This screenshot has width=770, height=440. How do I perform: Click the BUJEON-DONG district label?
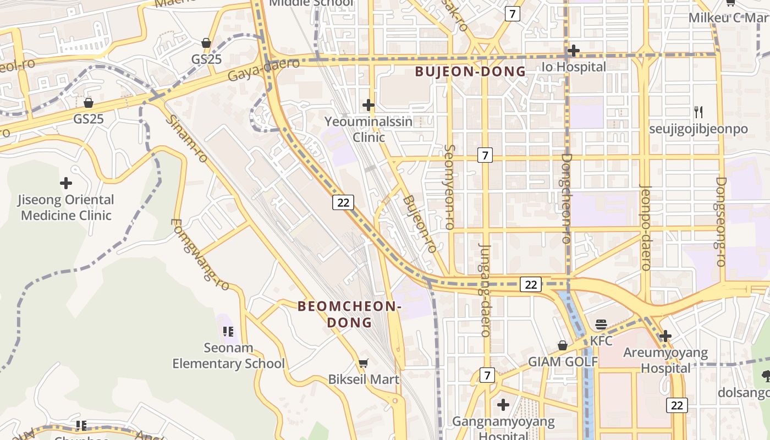click(470, 71)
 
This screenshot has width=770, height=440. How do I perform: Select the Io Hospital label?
click(574, 67)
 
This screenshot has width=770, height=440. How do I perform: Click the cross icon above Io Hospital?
click(573, 51)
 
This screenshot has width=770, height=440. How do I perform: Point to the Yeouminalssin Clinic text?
click(368, 129)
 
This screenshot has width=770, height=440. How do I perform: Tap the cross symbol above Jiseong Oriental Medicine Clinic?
click(66, 183)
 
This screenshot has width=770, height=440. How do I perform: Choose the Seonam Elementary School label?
click(228, 355)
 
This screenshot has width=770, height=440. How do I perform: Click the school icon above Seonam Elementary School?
click(228, 331)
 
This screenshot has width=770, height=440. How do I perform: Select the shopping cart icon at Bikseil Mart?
click(363, 363)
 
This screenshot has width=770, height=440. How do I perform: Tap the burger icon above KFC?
click(601, 324)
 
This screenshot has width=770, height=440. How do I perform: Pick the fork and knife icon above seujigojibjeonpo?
click(698, 112)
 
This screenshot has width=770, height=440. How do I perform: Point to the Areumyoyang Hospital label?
click(665, 360)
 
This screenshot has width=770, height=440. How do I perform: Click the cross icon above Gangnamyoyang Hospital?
click(503, 405)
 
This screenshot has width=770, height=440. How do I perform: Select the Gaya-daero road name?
click(264, 69)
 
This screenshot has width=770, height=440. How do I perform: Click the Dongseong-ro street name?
click(721, 221)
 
